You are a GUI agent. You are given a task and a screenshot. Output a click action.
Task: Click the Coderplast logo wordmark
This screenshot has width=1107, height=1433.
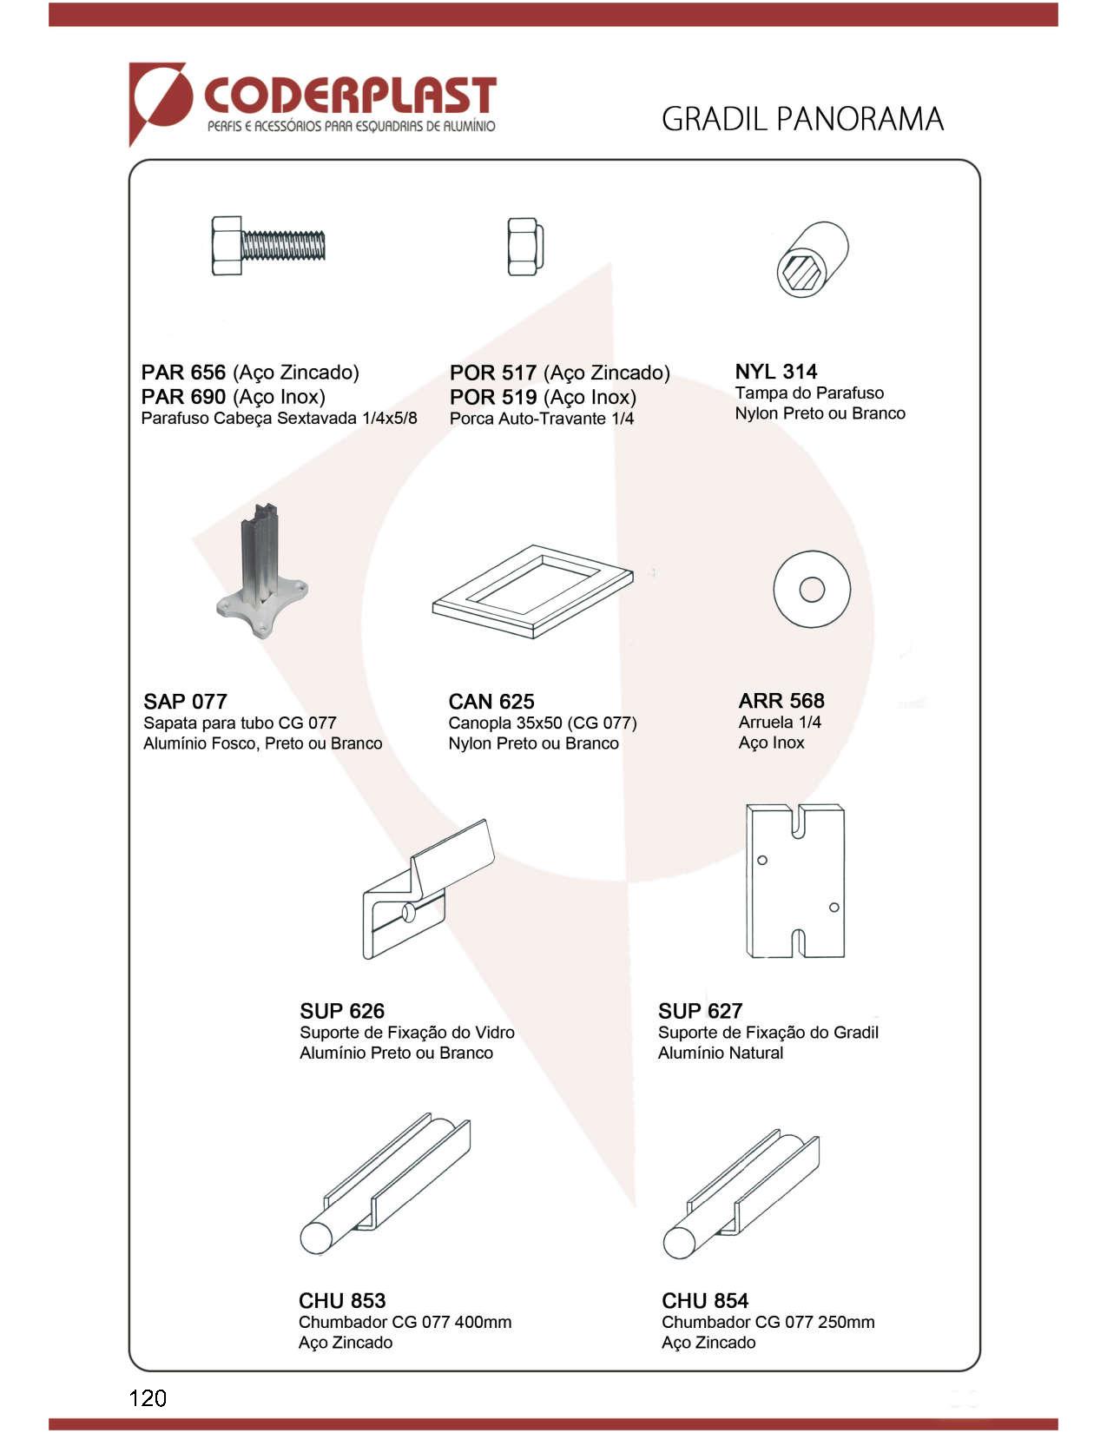coord(350,96)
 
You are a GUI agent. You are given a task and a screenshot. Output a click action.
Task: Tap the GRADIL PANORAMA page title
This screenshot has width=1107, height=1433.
coord(802,119)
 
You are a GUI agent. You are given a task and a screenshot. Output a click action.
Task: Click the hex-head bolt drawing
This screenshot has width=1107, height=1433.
coord(268,245)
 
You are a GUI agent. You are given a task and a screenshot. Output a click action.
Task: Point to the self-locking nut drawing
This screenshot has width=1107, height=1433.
coord(525,246)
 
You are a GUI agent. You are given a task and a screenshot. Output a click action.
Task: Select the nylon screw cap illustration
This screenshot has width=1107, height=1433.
coord(813,259)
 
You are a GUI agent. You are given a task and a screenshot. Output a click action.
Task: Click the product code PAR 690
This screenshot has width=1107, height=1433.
coord(183,397)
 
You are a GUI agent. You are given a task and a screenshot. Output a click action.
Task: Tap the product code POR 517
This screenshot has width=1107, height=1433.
coord(492,373)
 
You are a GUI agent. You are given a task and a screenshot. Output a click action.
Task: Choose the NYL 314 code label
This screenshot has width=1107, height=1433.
coord(776,371)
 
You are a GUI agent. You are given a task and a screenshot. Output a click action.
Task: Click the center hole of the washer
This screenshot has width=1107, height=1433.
coord(812,590)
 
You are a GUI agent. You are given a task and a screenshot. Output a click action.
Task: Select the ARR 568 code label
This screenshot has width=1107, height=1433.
coord(781,700)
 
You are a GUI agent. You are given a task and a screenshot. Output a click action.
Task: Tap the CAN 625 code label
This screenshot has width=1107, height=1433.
coord(491,701)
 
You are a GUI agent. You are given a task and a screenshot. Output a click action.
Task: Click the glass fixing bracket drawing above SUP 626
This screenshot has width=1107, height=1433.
coord(428,889)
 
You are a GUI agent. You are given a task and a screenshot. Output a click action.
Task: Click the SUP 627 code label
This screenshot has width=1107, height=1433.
coord(700,1011)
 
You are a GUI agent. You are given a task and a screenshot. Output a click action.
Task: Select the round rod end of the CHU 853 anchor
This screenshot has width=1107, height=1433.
coord(317,1238)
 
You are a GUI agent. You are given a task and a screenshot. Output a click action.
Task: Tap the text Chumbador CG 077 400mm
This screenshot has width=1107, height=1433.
coord(405,1322)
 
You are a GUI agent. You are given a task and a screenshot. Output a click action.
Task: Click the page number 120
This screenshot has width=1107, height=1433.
coord(148,1398)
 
